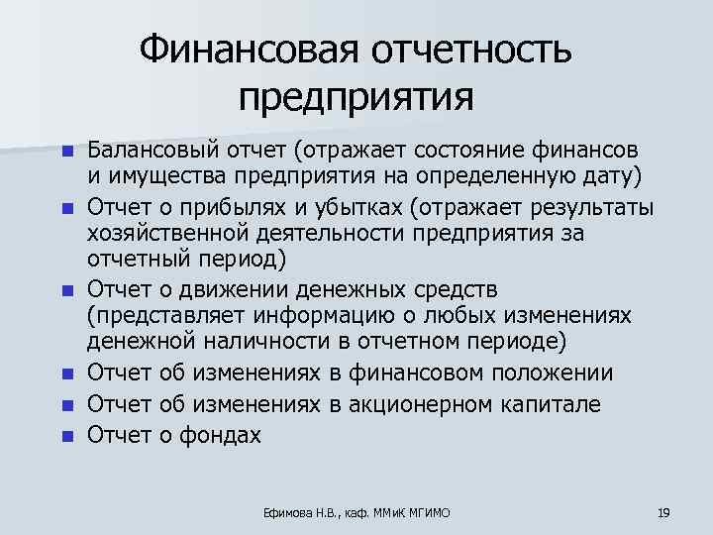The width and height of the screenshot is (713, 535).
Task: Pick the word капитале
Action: [574, 404]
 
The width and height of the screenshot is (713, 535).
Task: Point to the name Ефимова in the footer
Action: [282, 513]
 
